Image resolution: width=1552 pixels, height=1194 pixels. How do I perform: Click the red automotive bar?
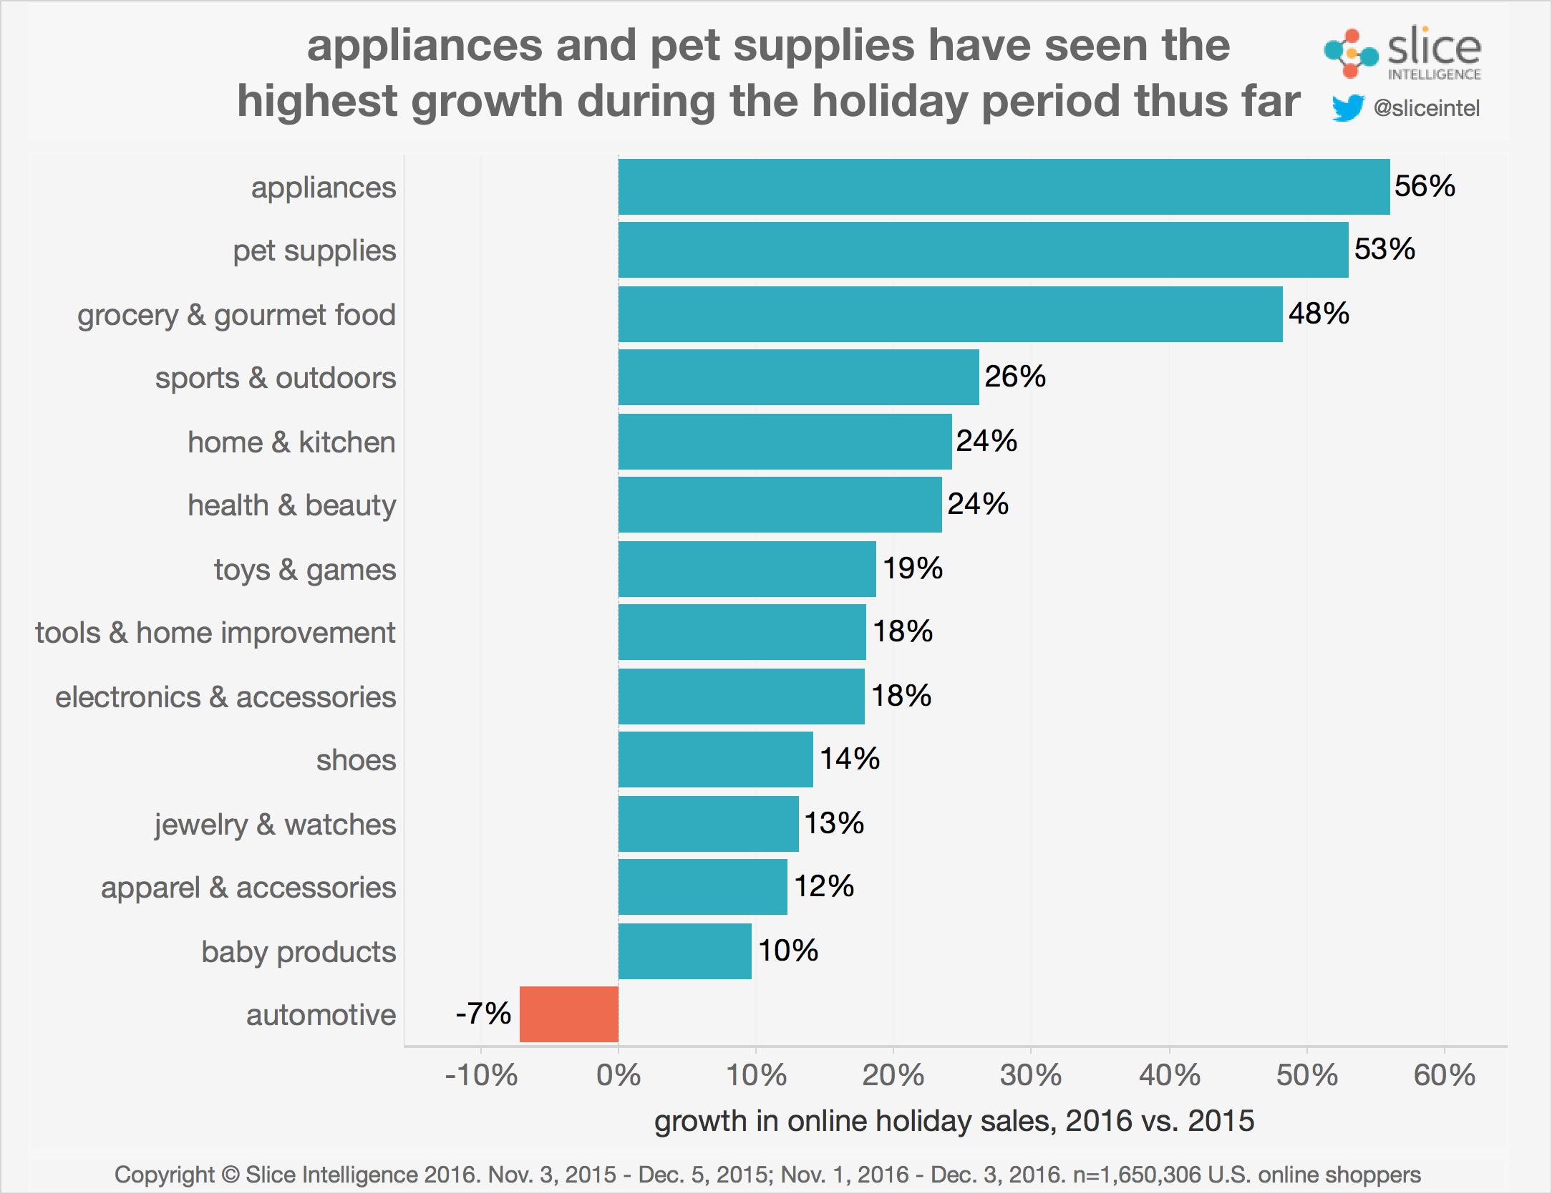point(569,1014)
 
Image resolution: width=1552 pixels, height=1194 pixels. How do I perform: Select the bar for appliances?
point(1004,187)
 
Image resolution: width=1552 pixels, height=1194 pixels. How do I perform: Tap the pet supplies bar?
point(983,250)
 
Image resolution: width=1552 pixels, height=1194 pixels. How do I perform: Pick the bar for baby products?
point(685,951)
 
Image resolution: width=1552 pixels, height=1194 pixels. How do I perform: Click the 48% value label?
point(1319,314)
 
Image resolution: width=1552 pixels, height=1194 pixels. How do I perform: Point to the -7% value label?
point(483,1014)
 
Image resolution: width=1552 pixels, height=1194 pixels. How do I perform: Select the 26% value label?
point(1015,377)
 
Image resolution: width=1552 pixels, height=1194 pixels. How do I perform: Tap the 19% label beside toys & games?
point(913,568)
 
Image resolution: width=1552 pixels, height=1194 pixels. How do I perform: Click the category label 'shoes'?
point(356,760)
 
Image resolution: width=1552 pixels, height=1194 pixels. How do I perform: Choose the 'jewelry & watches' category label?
point(275,824)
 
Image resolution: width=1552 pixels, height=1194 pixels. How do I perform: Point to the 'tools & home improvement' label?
point(215,633)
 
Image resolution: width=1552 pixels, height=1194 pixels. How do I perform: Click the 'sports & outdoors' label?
point(276,378)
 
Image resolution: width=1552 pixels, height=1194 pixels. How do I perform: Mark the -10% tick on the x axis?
point(481,1075)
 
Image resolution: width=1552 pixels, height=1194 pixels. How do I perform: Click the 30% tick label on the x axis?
point(1031,1075)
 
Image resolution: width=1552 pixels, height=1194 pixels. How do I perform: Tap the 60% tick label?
point(1444,1075)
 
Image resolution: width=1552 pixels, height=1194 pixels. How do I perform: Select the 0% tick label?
point(619,1075)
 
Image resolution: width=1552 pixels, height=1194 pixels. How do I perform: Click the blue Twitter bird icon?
point(1348,109)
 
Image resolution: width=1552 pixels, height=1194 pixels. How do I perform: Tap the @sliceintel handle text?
point(1426,109)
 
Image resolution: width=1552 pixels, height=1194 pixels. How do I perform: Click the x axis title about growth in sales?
point(954,1121)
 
